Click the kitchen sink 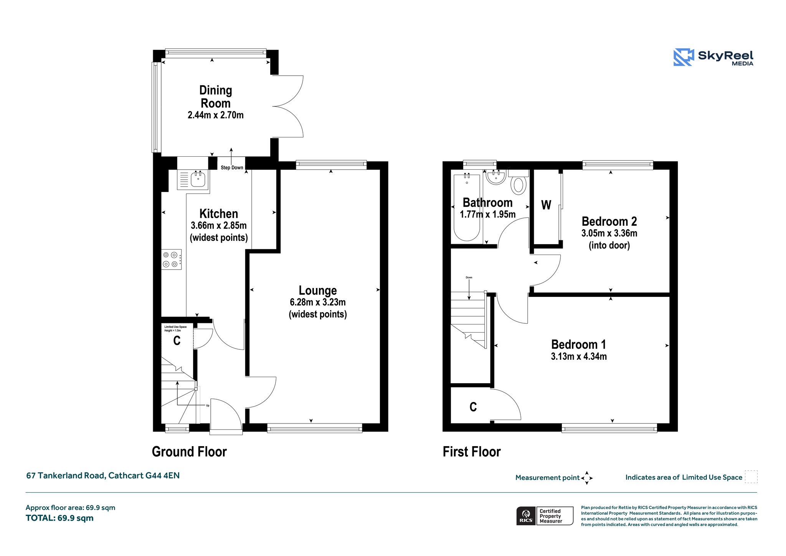193,179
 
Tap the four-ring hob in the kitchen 171,260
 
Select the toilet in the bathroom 518,182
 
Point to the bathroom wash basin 496,177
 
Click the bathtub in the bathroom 467,207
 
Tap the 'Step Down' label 232,167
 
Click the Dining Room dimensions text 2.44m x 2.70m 216,115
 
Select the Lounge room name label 318,290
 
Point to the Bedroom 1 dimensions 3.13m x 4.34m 579,356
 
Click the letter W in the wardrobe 546,205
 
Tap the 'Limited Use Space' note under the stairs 175,329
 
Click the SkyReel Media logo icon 684,57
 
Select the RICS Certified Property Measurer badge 545,516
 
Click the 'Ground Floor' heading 189,452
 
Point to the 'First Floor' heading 472,452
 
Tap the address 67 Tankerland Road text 65,475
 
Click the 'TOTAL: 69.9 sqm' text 59,518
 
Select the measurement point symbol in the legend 587,478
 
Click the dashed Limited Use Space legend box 751,477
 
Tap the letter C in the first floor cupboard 473,407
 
